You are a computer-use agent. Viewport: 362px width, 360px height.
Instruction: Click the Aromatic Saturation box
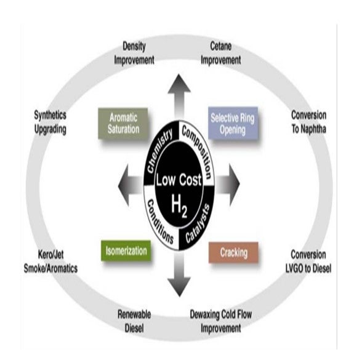click(123, 124)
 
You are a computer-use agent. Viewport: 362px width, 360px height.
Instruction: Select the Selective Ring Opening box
click(233, 123)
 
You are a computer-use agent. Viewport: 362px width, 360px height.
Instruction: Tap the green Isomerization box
click(126, 250)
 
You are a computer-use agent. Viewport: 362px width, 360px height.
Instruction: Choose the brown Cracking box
click(233, 252)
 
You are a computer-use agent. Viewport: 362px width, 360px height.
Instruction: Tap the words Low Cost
click(179, 180)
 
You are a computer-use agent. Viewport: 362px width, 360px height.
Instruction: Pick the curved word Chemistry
click(160, 151)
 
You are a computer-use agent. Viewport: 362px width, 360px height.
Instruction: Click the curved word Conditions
click(160, 222)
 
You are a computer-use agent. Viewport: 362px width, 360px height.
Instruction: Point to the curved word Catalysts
click(198, 223)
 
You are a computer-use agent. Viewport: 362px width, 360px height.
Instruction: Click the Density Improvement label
click(134, 54)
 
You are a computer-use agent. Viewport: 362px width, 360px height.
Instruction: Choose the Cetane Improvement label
click(220, 54)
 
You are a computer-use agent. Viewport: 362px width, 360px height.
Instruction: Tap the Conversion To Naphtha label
click(308, 122)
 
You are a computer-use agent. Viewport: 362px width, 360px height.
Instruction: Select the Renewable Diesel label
click(134, 321)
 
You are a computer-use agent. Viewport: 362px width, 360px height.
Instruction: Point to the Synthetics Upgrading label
click(50, 122)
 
